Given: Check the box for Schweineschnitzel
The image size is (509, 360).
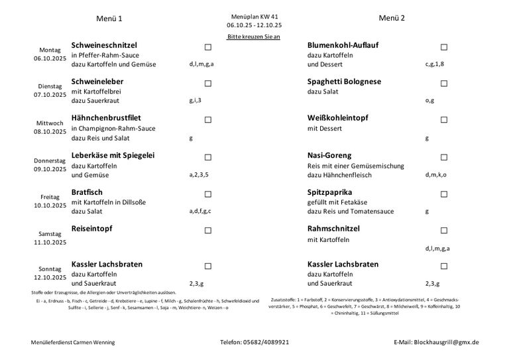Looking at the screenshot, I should click(x=208, y=47).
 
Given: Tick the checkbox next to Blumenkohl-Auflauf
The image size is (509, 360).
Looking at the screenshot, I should click(x=444, y=47).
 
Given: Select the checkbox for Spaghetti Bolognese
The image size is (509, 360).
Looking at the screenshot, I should click(x=444, y=84).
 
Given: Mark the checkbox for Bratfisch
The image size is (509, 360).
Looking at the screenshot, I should click(x=208, y=194).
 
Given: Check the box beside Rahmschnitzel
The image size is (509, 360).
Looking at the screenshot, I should click(x=444, y=231).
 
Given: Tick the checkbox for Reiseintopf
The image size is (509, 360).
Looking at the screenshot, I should click(x=208, y=231).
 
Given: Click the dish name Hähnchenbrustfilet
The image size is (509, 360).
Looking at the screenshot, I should click(x=106, y=118).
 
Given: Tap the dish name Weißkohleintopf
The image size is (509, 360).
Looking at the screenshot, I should click(x=338, y=118).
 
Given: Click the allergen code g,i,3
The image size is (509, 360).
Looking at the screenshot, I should click(x=196, y=101).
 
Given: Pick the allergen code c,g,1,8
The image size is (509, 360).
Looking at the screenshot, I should click(x=435, y=64).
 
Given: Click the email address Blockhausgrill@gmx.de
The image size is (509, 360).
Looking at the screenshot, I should click(x=445, y=342).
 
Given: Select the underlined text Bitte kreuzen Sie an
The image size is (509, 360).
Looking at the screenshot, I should click(x=253, y=36).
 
